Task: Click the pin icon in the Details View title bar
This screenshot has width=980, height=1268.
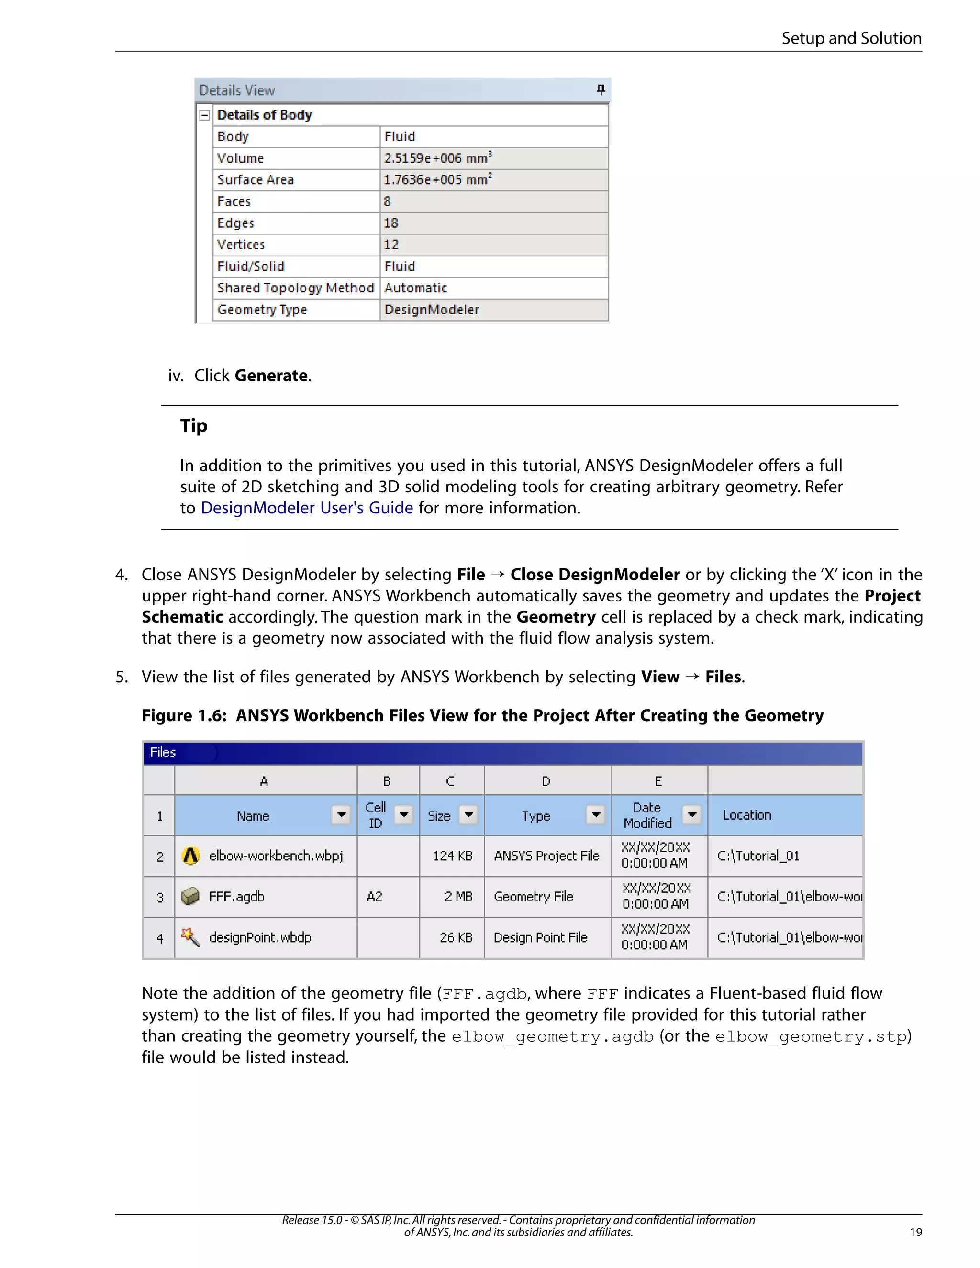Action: coord(601,89)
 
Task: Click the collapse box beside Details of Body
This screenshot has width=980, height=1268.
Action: coord(204,115)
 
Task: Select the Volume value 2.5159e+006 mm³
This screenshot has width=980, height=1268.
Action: coord(438,158)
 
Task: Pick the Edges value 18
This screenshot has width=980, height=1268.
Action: coord(391,223)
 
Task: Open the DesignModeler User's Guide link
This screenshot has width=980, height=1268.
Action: coord(307,508)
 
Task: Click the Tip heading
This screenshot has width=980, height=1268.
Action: coord(193,425)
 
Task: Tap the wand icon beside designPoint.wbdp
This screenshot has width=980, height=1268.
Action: coord(190,937)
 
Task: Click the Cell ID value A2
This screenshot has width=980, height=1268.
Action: coord(375,896)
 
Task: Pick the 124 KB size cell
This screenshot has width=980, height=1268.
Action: coord(452,856)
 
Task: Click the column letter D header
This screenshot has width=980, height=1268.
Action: coord(546,781)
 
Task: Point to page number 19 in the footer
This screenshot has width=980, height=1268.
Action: coord(915,1232)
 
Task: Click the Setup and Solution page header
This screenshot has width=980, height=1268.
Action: coord(851,38)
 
